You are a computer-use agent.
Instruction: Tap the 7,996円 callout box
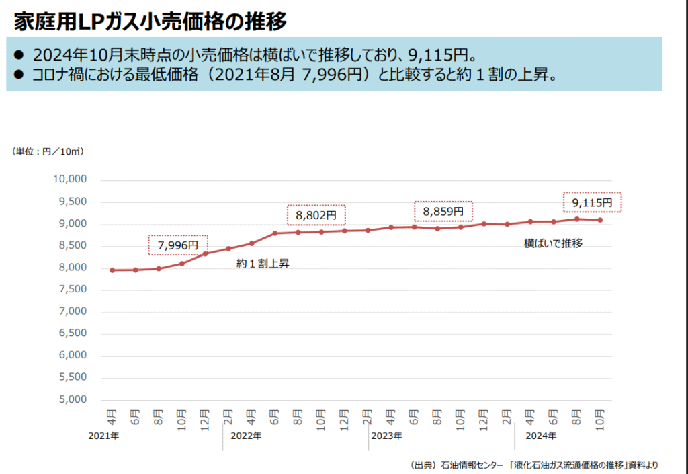tap(178, 245)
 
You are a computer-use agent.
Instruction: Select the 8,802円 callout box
tap(316, 215)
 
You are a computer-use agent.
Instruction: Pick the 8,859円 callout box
tap(443, 211)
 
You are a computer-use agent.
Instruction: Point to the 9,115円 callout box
tap(592, 202)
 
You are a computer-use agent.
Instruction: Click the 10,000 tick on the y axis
tap(70, 180)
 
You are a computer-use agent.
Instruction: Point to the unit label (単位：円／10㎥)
tap(48, 151)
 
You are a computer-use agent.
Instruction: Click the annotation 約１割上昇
tap(263, 264)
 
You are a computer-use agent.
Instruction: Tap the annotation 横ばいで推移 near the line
tap(553, 243)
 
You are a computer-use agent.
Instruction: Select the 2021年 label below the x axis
tap(103, 436)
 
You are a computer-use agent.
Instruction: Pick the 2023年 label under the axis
tap(386, 436)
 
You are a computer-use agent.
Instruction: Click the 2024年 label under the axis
tap(541, 436)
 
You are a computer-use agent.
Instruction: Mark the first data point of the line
tap(112, 270)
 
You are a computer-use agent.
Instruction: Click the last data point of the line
tap(600, 220)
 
